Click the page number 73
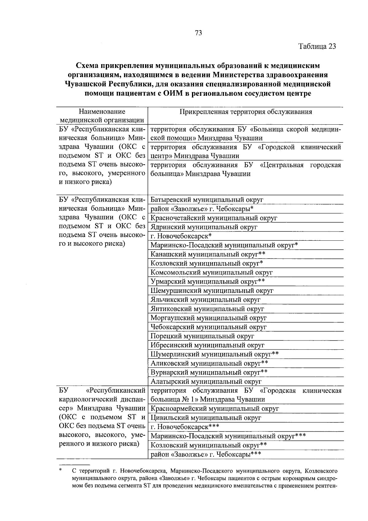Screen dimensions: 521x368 pos(198,33)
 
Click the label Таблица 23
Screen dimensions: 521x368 pos(317,46)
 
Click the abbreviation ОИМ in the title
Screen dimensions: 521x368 pos(171,93)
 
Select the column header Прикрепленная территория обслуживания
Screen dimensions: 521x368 pos(246,112)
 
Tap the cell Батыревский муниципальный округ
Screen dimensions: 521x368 pos(207,200)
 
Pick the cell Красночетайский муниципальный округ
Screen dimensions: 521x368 pos(214,218)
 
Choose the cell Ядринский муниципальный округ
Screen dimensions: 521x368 pos(204,227)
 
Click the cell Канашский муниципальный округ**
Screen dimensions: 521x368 pos(208,254)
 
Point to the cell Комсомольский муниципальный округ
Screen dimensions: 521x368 pos(212,272)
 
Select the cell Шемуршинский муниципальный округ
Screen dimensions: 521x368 pos(212,290)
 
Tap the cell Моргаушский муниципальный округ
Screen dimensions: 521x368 pos(209,318)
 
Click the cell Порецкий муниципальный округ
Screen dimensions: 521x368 pos(202,336)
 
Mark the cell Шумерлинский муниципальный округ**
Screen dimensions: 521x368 pos(215,354)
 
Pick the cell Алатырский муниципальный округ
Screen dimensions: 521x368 pos(206,382)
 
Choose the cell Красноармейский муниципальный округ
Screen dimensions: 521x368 pos(215,409)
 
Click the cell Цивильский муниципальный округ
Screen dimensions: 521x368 pos(206,418)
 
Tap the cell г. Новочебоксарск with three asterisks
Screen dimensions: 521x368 pos(185,427)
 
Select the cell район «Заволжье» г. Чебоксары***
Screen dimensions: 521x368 pos(206,454)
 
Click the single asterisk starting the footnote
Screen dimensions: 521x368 pos(61,470)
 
